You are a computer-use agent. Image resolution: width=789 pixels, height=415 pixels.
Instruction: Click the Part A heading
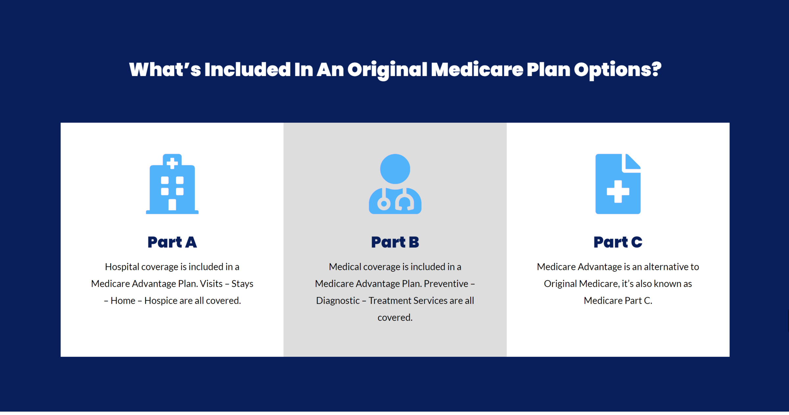[x=172, y=242]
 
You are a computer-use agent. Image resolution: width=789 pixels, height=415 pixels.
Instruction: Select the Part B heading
[x=395, y=242]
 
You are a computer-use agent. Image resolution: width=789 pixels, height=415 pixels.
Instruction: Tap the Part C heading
[x=618, y=242]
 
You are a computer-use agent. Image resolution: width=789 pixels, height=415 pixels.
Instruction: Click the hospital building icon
[x=172, y=184]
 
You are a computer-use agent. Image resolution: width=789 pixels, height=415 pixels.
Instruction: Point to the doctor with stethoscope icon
[x=395, y=184]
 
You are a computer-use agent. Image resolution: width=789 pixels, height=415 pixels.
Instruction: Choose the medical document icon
[x=618, y=184]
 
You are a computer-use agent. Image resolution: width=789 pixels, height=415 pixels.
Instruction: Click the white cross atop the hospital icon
[x=172, y=163]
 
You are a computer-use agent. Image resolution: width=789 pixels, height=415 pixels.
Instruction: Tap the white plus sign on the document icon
[x=618, y=192]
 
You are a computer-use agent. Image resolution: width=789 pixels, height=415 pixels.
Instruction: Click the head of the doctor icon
[x=395, y=169]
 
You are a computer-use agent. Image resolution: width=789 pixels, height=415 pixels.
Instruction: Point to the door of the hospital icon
[x=172, y=205]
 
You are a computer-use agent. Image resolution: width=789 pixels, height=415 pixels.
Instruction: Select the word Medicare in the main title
[x=477, y=69]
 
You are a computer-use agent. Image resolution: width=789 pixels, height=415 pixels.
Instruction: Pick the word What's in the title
[x=165, y=69]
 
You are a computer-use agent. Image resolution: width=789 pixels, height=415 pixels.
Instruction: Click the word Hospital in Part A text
[x=122, y=267]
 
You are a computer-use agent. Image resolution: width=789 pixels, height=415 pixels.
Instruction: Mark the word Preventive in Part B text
[x=446, y=284]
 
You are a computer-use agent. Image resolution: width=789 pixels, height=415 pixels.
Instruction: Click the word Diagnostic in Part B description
[x=338, y=301]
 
